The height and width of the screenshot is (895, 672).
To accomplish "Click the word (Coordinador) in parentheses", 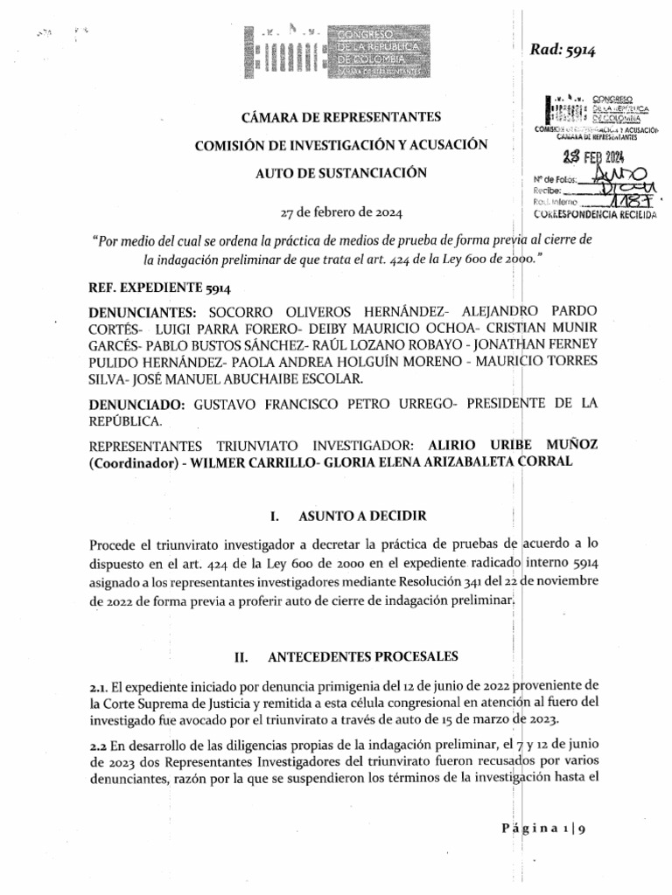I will point(130,463).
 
